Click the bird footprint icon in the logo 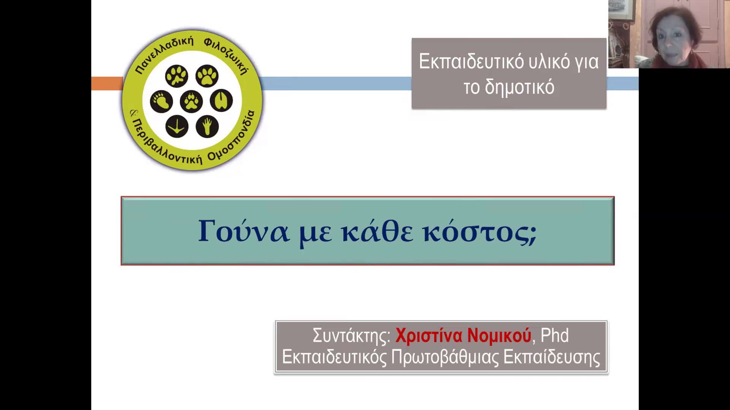tap(177, 126)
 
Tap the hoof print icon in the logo tap(221, 101)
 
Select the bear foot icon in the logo tap(161, 101)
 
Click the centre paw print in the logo tap(191, 101)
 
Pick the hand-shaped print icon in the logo tap(207, 126)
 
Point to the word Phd tap(555, 335)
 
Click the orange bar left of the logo tap(107, 84)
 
